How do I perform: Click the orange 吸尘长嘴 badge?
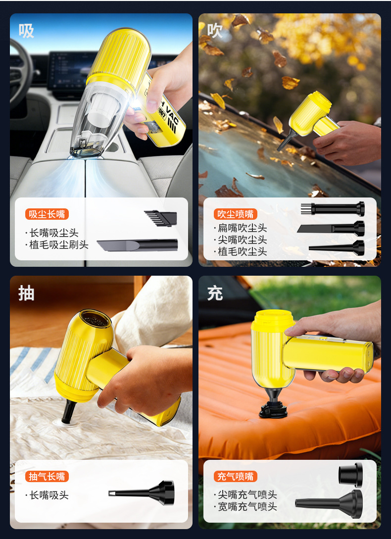[x=47, y=214]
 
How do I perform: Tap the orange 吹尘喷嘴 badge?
[x=236, y=214]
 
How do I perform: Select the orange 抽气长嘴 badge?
[x=47, y=477]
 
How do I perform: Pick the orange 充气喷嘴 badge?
[x=236, y=477]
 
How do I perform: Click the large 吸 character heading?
[x=26, y=31]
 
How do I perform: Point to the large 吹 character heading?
[x=215, y=31]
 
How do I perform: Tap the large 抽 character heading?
[x=26, y=294]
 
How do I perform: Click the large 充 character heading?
[x=215, y=294]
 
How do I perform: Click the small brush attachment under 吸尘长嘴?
[x=160, y=218]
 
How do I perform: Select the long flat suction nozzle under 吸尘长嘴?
[x=137, y=245]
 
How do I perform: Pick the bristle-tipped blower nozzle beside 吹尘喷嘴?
[x=333, y=209]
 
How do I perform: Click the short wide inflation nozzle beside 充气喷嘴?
[x=351, y=475]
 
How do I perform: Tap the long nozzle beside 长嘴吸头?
[x=142, y=492]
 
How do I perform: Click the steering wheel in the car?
[x=21, y=72]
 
